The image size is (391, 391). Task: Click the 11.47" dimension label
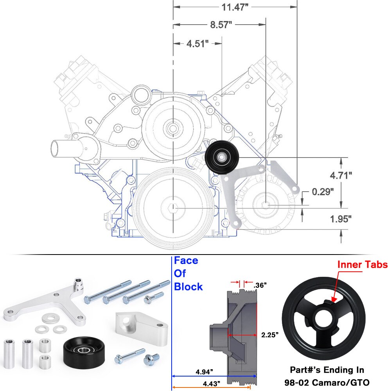tap(235, 8)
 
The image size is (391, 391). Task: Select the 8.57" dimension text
tap(221, 25)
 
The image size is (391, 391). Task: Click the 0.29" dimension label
tap(323, 192)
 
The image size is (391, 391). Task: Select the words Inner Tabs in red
tap(362, 265)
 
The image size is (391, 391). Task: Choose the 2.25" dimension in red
tap(270, 335)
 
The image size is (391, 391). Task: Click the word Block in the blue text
tap(188, 287)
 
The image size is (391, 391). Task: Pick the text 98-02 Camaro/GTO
tap(327, 382)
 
